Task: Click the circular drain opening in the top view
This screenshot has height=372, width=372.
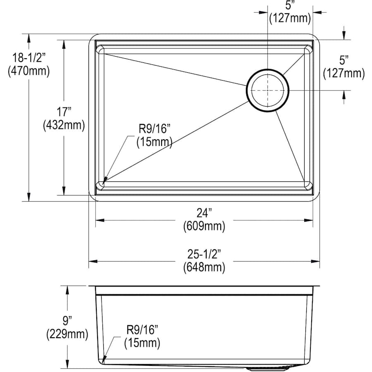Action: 268,91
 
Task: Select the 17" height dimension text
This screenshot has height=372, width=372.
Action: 64,111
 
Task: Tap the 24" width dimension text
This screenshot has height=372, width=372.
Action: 204,213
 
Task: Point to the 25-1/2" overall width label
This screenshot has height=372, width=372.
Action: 204,255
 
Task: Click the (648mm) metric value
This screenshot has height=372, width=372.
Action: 204,267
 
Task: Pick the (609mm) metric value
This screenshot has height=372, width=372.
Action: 204,227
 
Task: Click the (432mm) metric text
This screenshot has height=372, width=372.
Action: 64,124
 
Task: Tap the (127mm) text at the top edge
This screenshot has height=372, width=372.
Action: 289,18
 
